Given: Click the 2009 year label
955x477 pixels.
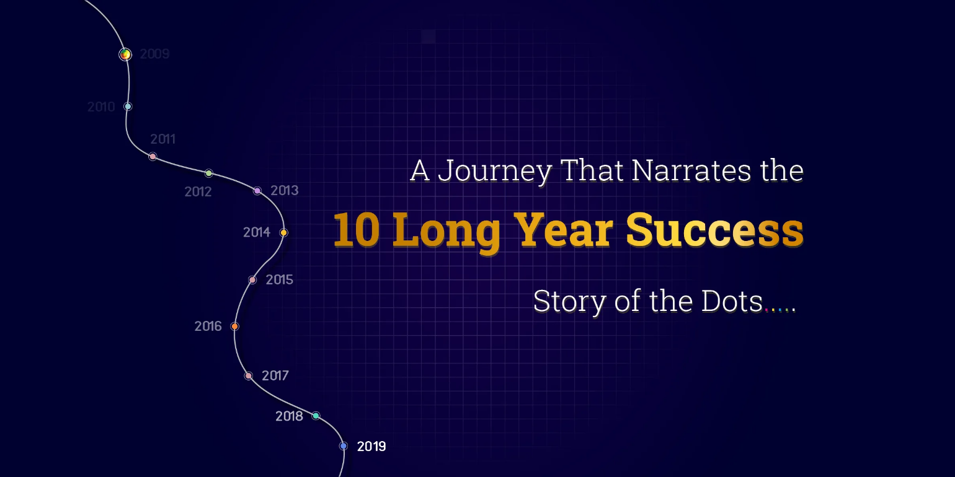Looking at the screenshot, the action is tap(155, 54).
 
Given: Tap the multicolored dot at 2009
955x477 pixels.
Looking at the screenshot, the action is tap(125, 55).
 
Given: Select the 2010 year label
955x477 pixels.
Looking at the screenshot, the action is tap(101, 107).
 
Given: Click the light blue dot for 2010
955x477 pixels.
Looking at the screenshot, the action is tap(128, 107).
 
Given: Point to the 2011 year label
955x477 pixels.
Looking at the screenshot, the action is tap(163, 139).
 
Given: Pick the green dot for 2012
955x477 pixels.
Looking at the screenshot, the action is tap(209, 173).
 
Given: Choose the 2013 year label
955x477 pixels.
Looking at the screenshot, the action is tap(285, 190).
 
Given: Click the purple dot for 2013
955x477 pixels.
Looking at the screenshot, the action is tap(257, 191).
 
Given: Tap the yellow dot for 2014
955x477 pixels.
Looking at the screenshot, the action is tap(284, 232).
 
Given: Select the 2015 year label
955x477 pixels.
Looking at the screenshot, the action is tap(279, 280).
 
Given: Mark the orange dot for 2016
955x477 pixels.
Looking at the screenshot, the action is tap(234, 326).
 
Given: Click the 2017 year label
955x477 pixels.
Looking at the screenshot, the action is tap(275, 375).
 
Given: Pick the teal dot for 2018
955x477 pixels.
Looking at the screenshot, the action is tap(316, 416).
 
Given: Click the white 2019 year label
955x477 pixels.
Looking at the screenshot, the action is tap(371, 446).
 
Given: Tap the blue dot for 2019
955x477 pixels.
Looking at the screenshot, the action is tap(344, 446).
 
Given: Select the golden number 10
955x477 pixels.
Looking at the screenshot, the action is tap(357, 230).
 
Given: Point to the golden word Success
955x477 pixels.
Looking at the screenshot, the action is tap(714, 230).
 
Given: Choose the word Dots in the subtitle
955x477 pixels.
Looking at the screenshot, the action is tap(732, 301).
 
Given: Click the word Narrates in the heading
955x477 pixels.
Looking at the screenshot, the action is tap(691, 170).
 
